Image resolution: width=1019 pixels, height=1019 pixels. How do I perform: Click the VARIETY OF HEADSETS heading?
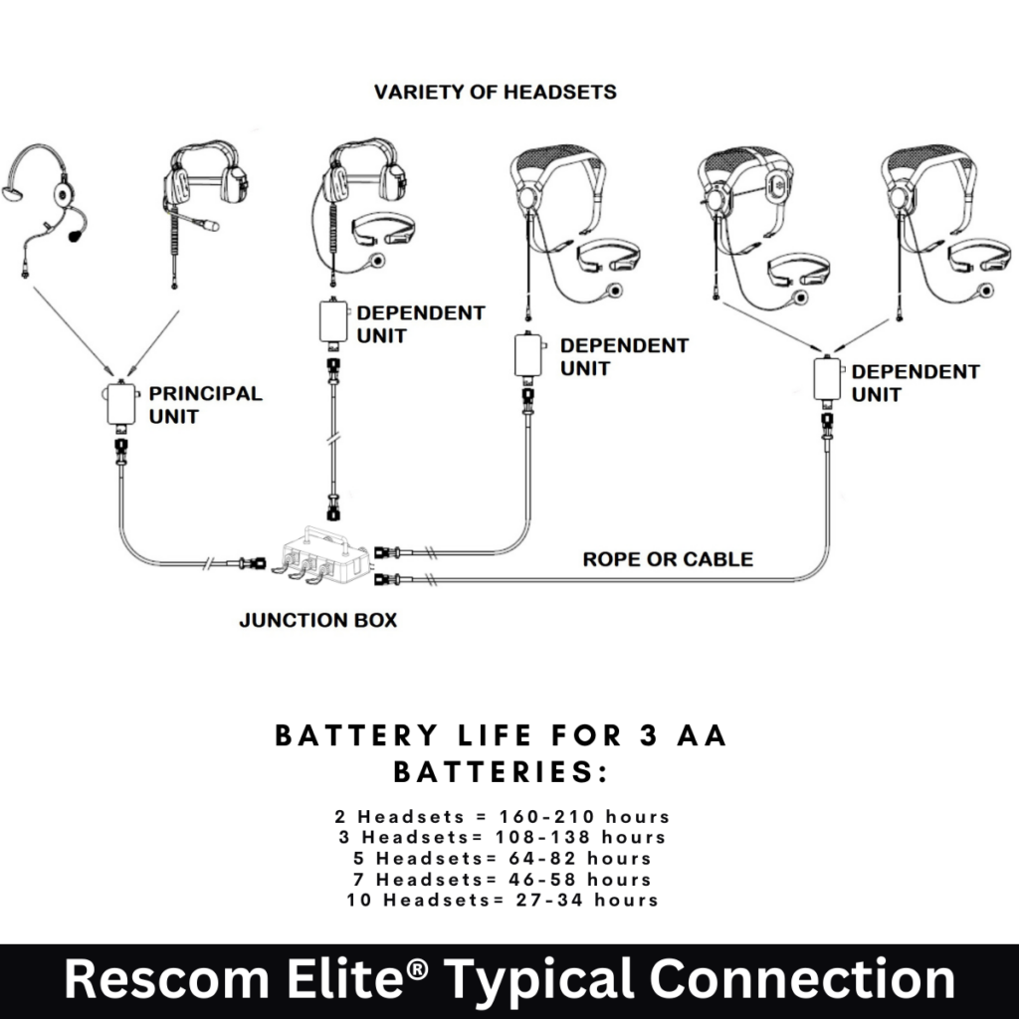495,93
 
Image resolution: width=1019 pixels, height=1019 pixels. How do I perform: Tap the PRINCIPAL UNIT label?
205,404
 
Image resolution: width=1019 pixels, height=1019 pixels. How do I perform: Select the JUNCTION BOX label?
318,620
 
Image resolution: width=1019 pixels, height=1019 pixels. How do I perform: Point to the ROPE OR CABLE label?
668,559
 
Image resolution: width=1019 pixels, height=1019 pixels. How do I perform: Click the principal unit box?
122,405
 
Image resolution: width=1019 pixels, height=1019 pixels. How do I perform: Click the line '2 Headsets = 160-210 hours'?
503,817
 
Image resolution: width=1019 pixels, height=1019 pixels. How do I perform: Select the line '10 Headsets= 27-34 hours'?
503,900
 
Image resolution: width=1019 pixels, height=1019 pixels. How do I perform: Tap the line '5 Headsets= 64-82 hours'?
503,858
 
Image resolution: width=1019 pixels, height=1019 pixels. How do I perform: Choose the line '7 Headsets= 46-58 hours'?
503,879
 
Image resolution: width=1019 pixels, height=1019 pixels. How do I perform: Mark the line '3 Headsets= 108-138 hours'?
503,837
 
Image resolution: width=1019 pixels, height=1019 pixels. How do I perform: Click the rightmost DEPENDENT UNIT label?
916,383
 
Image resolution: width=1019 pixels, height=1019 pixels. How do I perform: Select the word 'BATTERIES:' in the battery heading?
500,772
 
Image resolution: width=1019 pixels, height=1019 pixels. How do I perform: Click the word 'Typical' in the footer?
553,980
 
